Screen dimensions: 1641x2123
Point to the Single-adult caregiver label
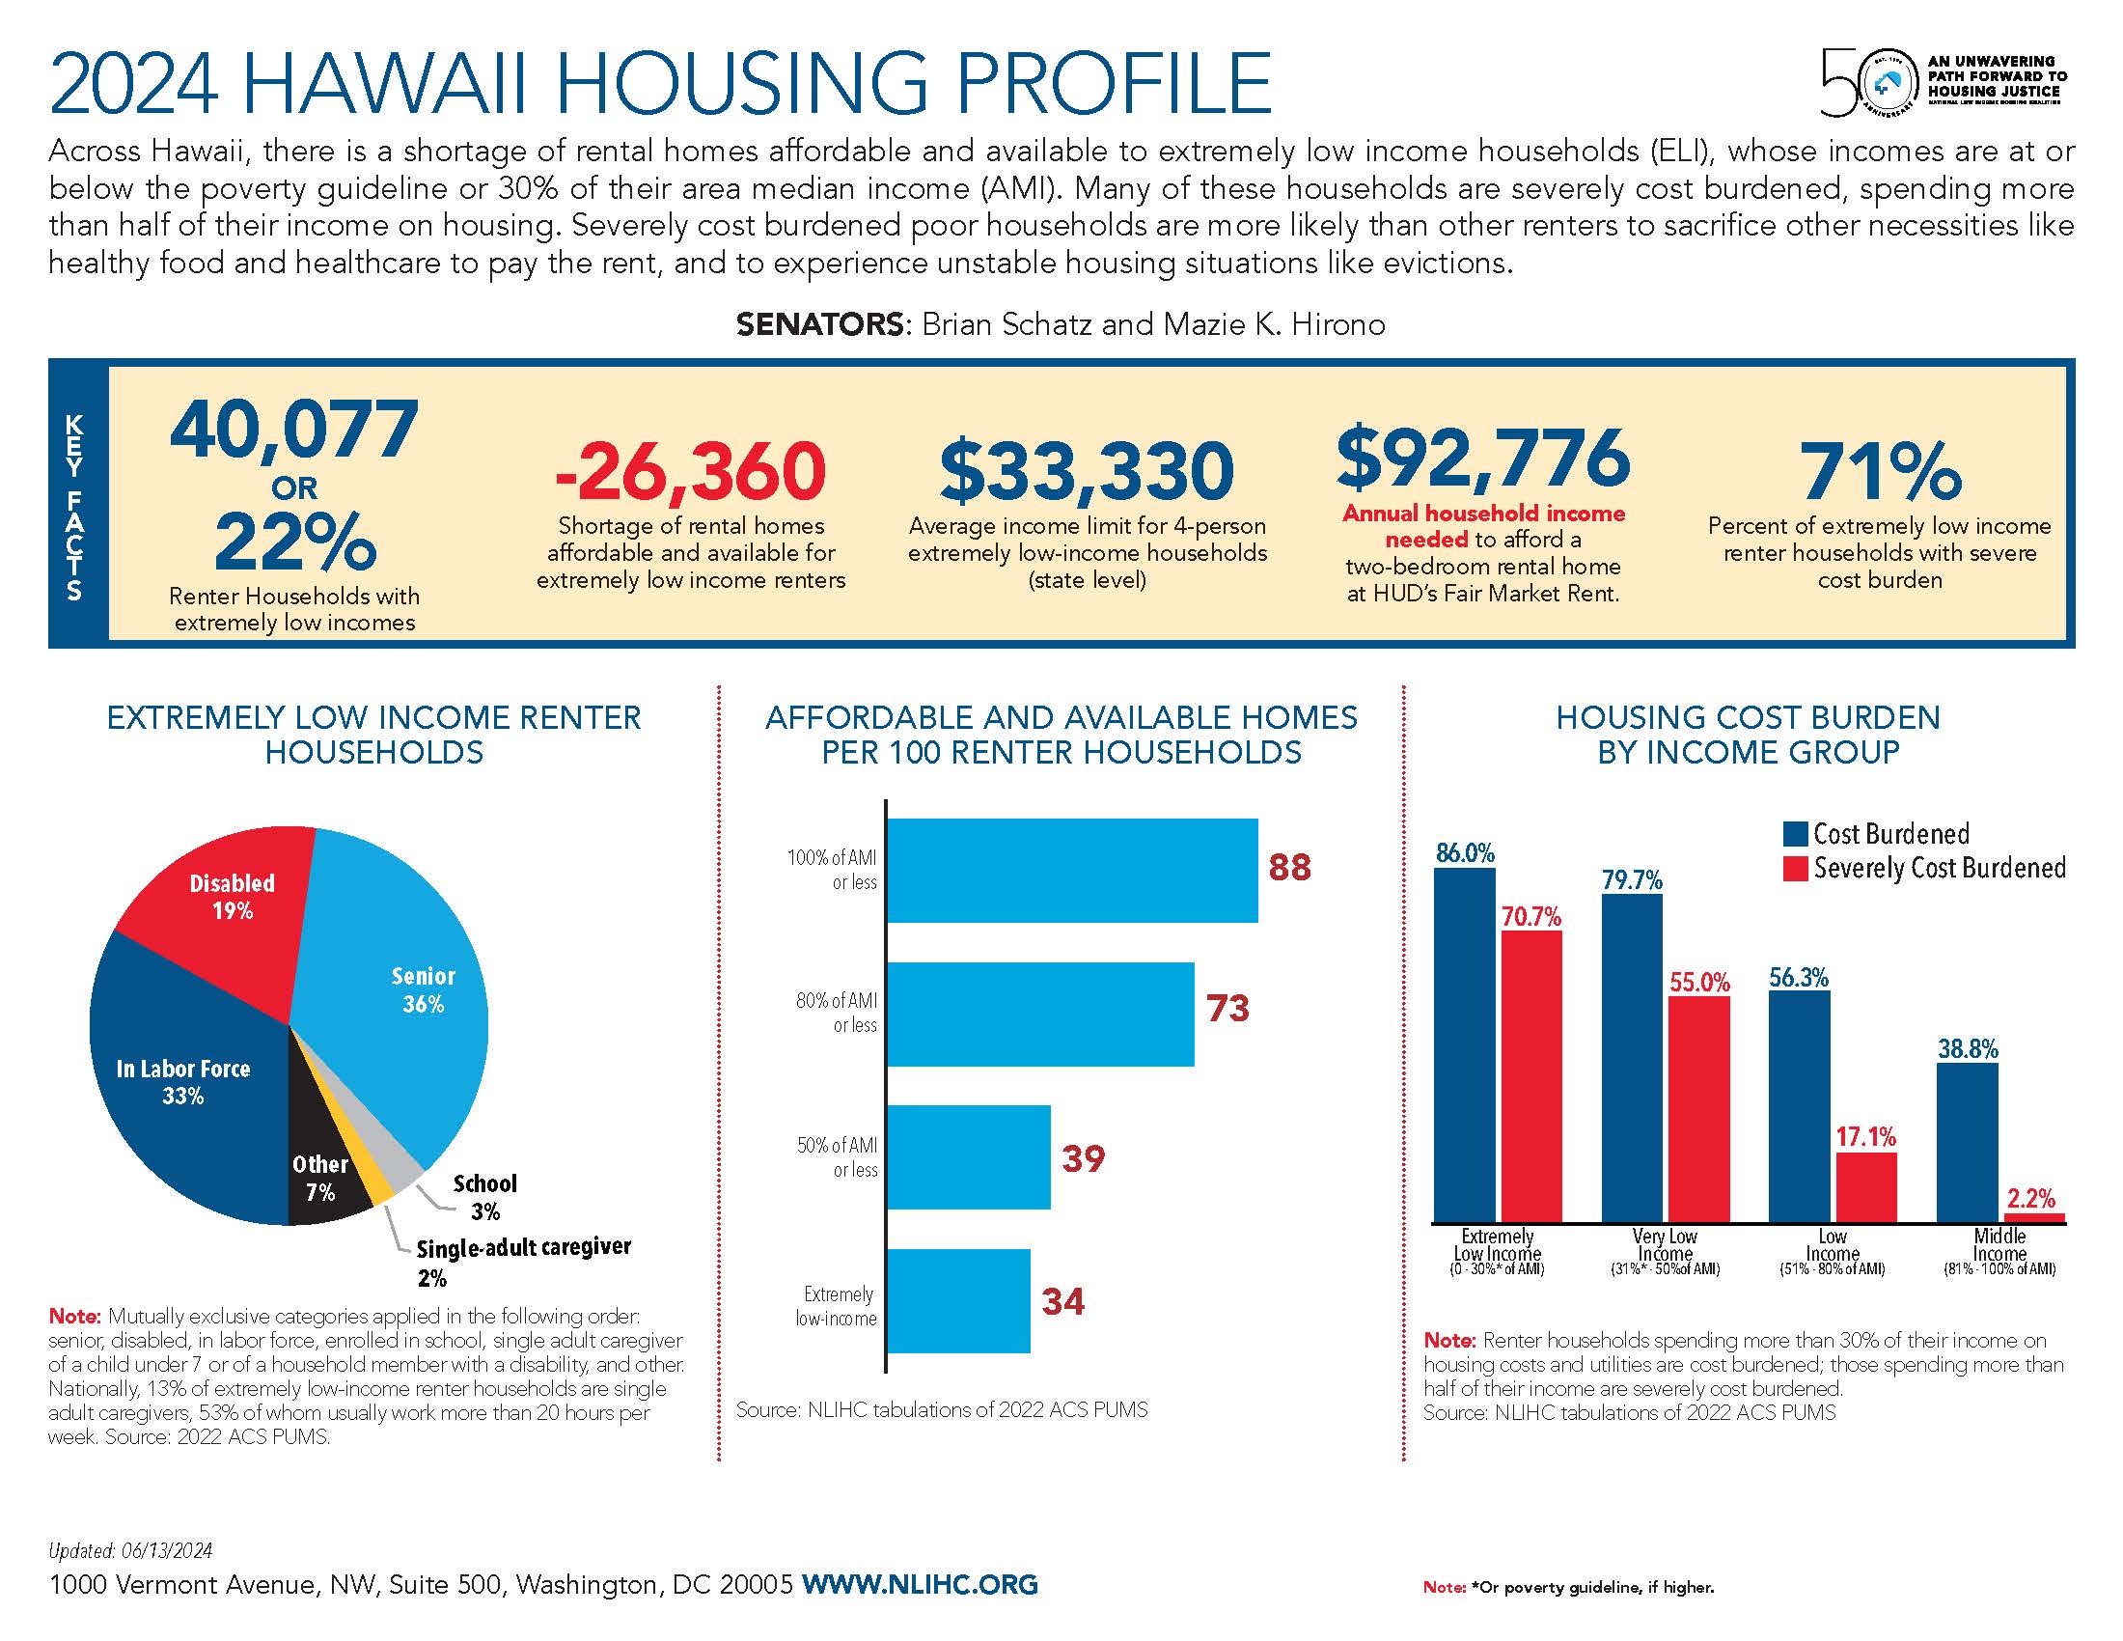pyautogui.click(x=523, y=1247)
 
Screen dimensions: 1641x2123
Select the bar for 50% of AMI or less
pyautogui.click(x=968, y=1156)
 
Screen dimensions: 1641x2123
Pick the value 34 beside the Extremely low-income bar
pyautogui.click(x=1062, y=1302)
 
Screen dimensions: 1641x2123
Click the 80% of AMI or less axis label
pyautogui.click(x=836, y=1012)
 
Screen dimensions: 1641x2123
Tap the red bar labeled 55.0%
pyautogui.click(x=1699, y=1108)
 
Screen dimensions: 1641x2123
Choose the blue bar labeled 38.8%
pyautogui.click(x=1967, y=1142)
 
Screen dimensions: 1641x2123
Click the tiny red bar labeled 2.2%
pyautogui.click(x=2034, y=1217)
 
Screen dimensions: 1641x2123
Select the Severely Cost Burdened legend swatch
pyautogui.click(x=1795, y=868)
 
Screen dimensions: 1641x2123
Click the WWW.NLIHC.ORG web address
pyautogui.click(x=920, y=1585)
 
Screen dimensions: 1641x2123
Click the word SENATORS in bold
pyautogui.click(x=819, y=324)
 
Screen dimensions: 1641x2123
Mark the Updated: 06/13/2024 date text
pyautogui.click(x=130, y=1551)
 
